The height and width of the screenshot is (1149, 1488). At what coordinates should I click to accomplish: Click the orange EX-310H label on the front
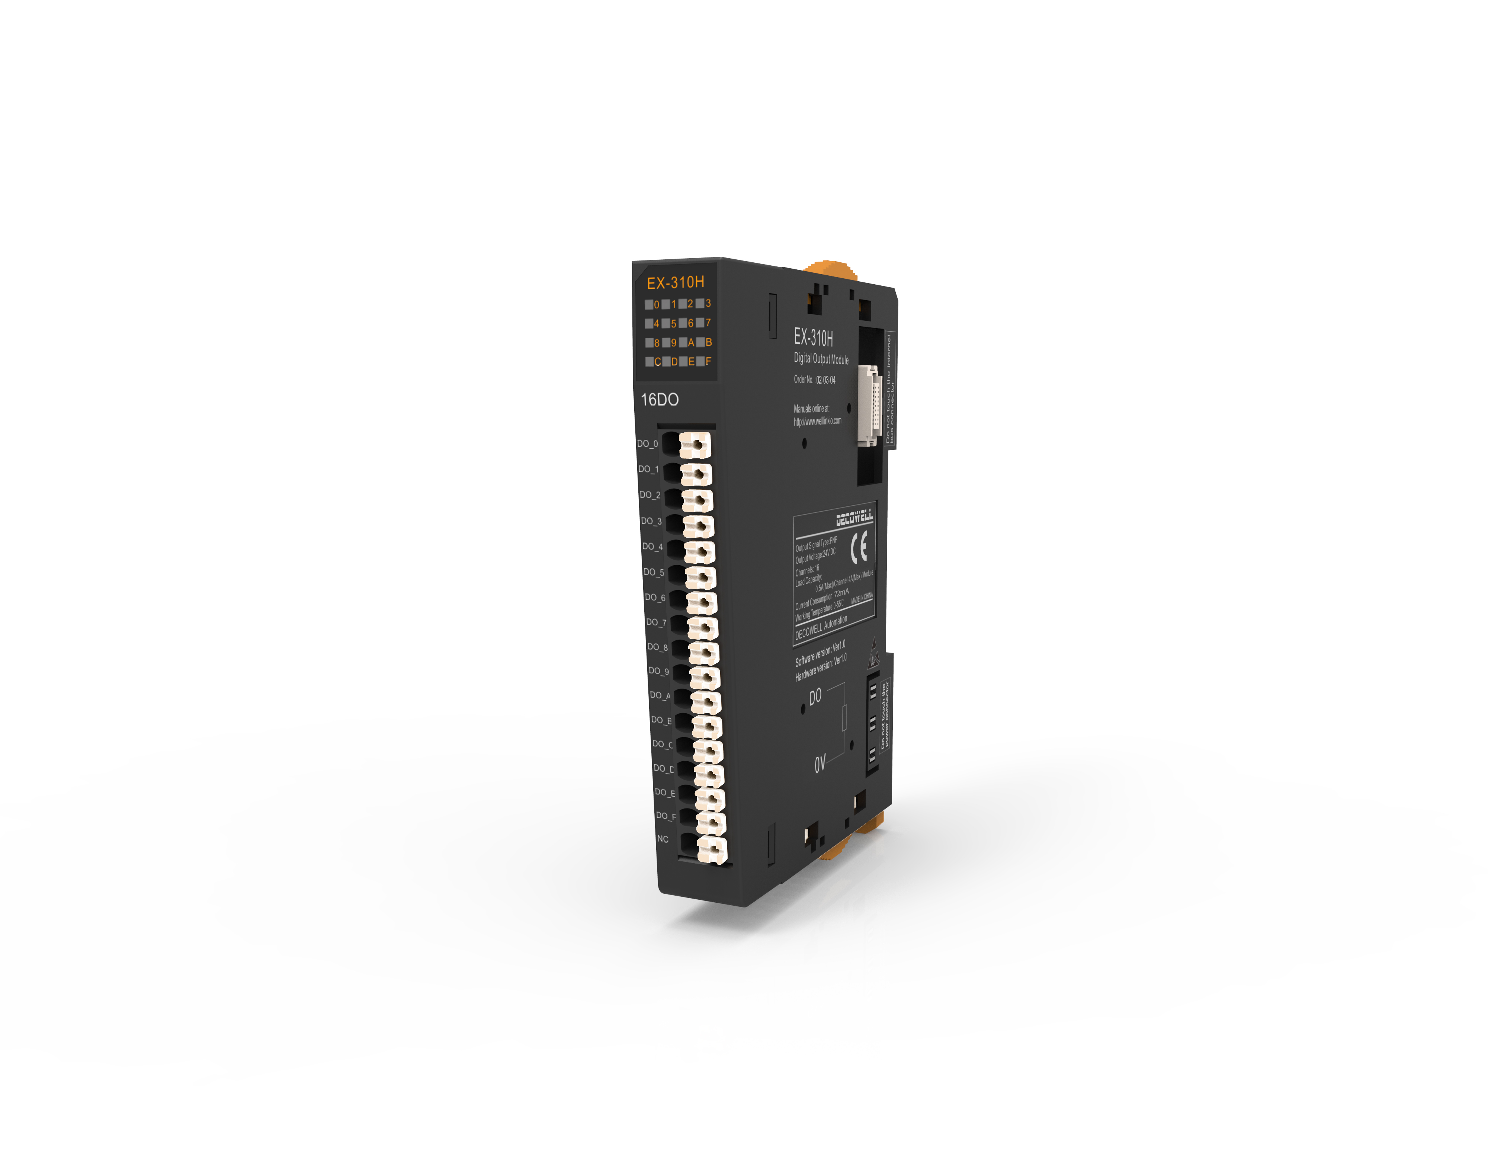coord(675,282)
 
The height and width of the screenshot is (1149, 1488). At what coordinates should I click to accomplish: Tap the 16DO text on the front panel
coord(660,399)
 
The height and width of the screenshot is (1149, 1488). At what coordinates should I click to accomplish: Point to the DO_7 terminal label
coord(655,622)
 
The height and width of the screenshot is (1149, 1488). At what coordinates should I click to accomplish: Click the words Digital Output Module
coord(821,358)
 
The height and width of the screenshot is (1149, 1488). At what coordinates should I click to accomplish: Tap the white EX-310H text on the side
coord(813,337)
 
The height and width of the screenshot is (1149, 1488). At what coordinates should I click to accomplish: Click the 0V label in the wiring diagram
coord(820,763)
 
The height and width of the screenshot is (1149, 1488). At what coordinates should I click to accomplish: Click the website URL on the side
coord(817,421)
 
